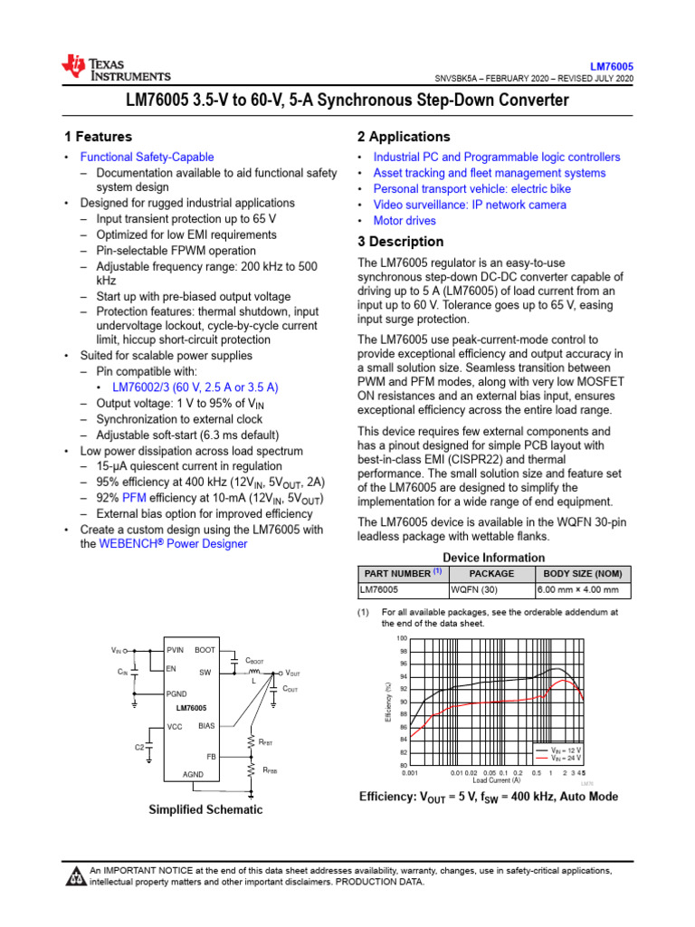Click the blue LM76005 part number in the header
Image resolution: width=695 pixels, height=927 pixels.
612,67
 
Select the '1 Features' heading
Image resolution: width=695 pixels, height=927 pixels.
98,137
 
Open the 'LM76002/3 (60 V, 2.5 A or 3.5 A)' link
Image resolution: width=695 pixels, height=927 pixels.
195,387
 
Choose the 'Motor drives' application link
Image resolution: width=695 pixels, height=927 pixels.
405,220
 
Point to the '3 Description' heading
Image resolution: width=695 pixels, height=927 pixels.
400,242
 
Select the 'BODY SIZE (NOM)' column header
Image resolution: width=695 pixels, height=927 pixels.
583,574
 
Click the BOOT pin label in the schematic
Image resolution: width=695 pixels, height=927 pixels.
205,650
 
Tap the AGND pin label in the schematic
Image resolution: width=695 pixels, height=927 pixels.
193,774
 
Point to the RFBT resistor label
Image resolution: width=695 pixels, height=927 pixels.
265,742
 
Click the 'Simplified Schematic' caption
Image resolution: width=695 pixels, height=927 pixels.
205,809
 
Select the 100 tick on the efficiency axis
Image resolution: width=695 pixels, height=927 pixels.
403,638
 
